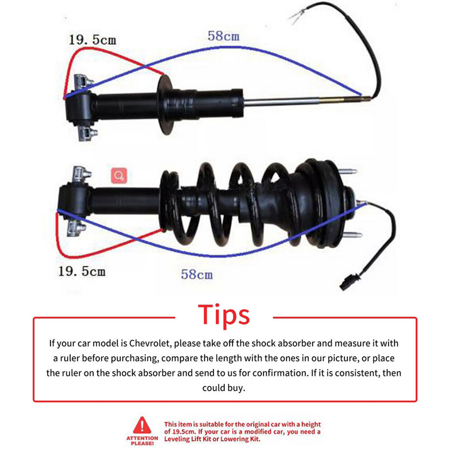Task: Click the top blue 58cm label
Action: click(223, 36)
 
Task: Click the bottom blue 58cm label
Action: click(197, 274)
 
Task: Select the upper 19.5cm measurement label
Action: click(92, 40)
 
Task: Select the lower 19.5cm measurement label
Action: click(82, 271)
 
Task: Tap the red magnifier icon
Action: click(119, 175)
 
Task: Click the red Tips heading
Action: click(224, 315)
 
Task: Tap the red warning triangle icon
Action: click(142, 425)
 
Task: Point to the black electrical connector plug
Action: click(350, 282)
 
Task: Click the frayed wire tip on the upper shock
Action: click(296, 16)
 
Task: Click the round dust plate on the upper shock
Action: click(165, 104)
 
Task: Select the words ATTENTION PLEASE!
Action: click(142, 440)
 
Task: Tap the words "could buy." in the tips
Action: click(224, 388)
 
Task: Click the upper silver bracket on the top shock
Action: click(84, 81)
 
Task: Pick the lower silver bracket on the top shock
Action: click(87, 133)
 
